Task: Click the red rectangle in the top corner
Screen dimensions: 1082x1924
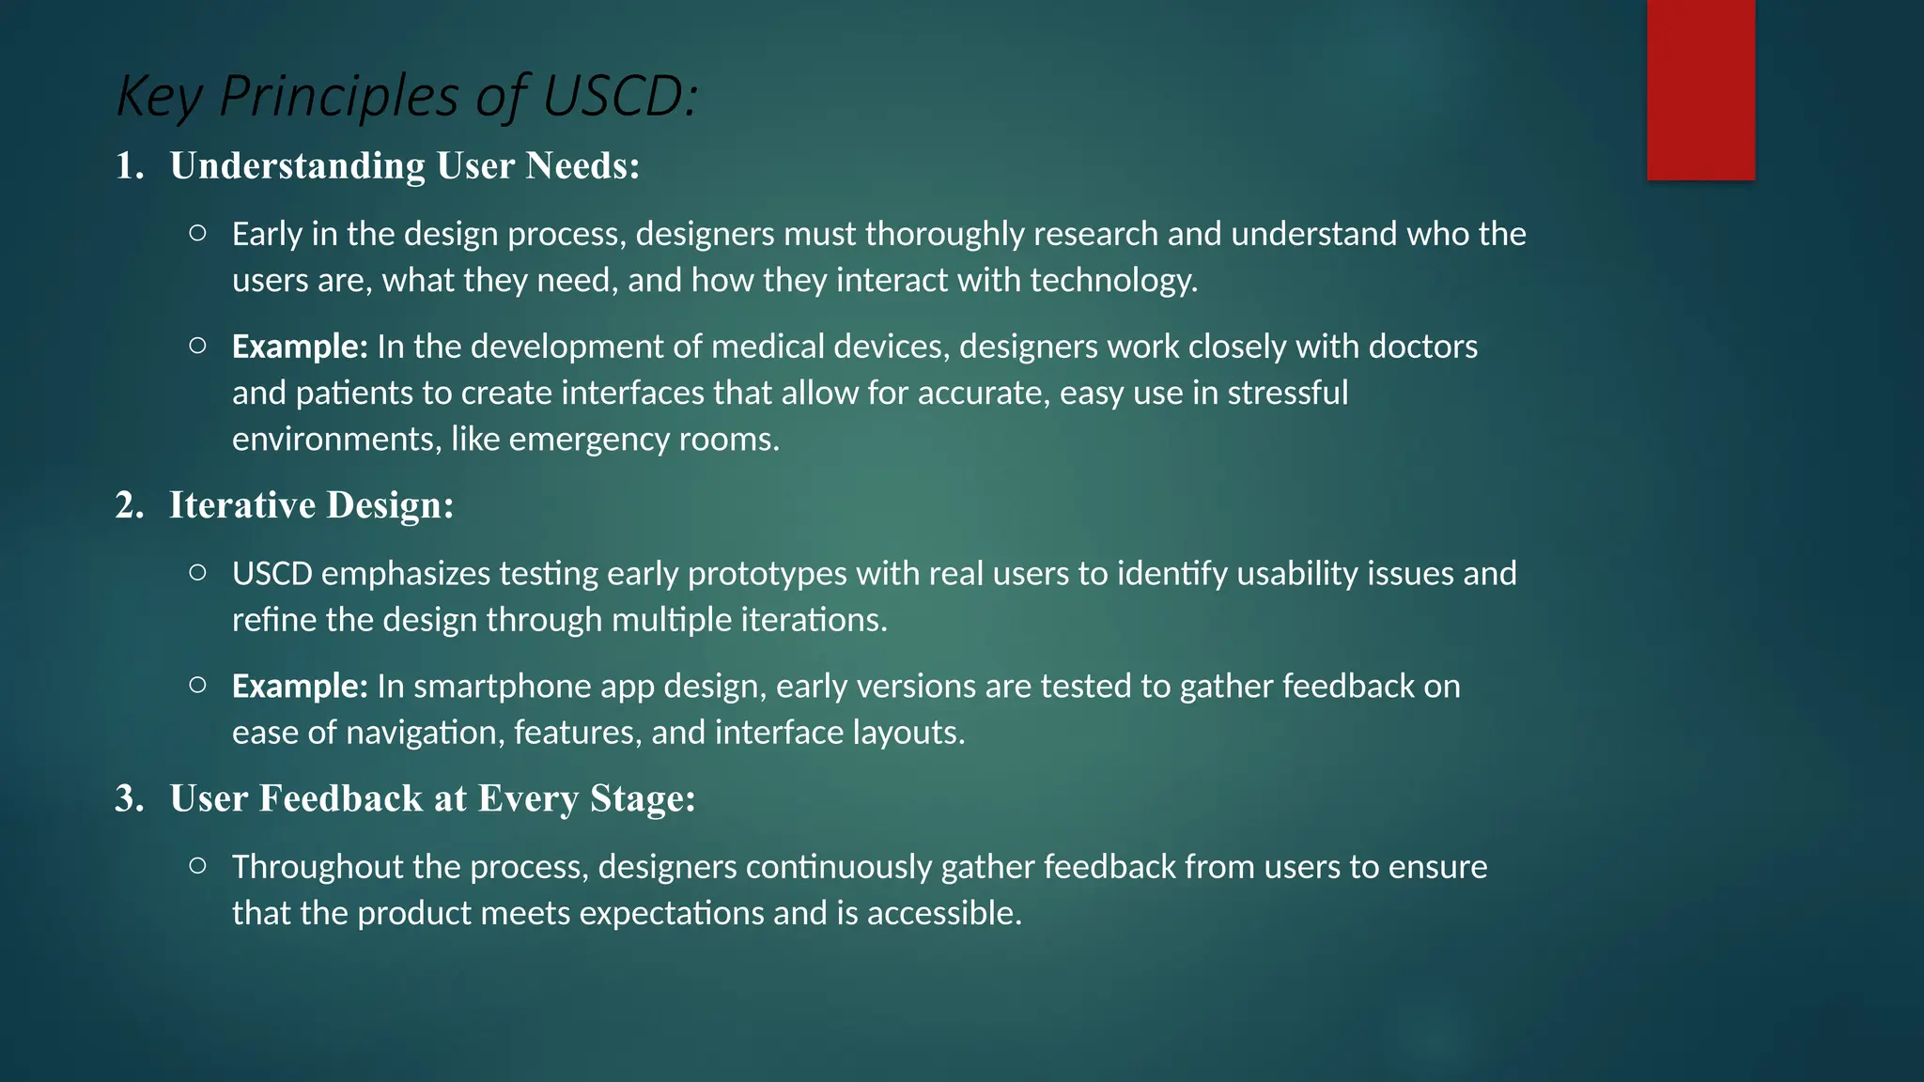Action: point(1700,89)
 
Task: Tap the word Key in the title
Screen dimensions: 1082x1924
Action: point(157,98)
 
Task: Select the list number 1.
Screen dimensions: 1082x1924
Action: point(129,166)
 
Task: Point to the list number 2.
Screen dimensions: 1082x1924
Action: point(129,506)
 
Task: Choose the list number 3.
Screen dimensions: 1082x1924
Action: point(129,799)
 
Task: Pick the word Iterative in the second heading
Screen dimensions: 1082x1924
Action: point(241,506)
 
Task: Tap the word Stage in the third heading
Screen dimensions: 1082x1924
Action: point(639,799)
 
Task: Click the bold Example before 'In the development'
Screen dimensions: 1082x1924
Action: point(299,348)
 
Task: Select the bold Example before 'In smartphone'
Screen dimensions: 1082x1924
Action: point(299,687)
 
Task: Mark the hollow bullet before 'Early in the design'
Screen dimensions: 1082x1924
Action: point(197,233)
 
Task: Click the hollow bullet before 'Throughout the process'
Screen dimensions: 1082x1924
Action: point(197,865)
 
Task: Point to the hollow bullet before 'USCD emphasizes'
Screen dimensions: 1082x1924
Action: point(197,572)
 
